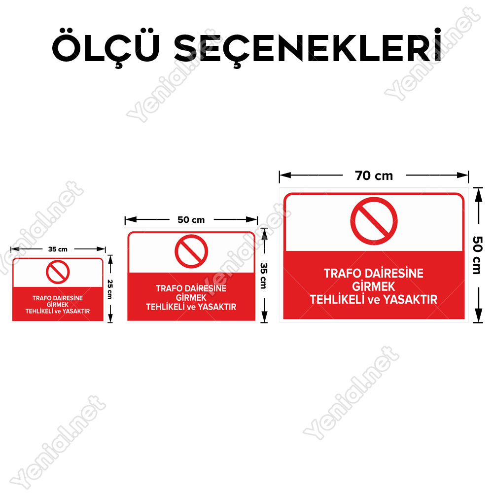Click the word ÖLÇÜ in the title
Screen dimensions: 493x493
click(106, 47)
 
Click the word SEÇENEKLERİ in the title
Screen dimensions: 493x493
click(308, 47)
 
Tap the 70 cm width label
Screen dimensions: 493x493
click(374, 176)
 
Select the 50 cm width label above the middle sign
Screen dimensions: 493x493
click(191, 220)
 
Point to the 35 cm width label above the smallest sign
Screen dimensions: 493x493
click(58, 249)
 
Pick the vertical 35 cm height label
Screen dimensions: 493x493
click(264, 276)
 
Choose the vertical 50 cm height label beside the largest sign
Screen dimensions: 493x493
click(478, 255)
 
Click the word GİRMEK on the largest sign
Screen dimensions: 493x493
click(374, 286)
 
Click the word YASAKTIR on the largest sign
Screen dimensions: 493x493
click(410, 300)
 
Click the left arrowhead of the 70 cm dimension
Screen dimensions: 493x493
click(285, 175)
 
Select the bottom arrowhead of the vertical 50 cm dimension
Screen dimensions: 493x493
click(478, 316)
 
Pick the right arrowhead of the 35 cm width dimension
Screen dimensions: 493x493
click(101, 249)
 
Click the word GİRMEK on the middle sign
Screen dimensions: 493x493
click(191, 297)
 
